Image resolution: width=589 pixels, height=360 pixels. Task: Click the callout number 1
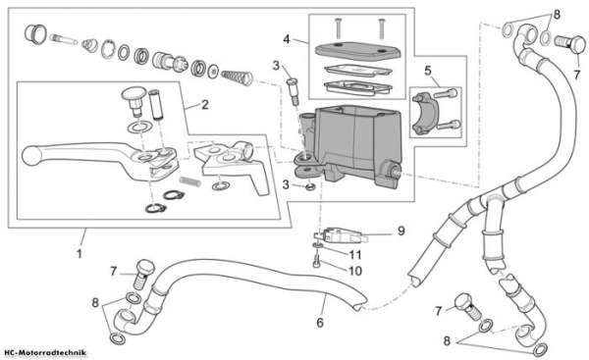79,254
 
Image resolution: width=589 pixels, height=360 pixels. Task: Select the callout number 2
205,105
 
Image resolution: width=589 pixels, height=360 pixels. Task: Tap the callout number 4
287,38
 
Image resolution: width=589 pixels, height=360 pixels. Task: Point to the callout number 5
428,71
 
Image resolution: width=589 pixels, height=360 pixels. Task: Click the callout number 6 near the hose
320,323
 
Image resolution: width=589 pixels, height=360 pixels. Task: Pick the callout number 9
402,231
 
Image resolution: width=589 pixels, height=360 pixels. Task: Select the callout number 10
355,271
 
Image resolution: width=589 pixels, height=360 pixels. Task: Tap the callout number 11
355,255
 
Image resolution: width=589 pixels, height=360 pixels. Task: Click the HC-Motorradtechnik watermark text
45,352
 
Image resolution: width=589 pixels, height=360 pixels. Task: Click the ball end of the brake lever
28,156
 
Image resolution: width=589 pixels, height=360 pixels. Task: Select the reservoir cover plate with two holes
358,51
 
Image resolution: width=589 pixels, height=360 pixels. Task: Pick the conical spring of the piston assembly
237,77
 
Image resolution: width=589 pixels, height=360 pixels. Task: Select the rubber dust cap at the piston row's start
35,33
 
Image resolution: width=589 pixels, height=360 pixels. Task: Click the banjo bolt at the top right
569,43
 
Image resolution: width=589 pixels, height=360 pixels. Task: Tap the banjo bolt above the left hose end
144,275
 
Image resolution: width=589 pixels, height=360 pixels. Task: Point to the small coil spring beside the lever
189,180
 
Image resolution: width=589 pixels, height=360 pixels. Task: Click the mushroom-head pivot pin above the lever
134,99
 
